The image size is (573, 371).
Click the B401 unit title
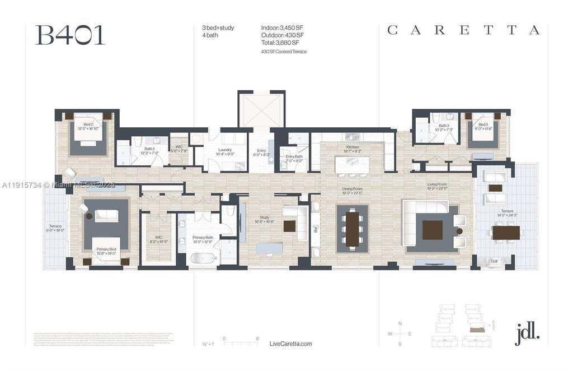coord(70,35)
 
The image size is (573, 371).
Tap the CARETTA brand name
coord(463,30)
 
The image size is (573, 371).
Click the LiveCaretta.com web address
coord(290,344)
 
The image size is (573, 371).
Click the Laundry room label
coord(226,150)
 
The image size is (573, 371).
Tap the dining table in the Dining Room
coord(352,228)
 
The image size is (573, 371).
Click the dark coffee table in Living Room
coord(432,230)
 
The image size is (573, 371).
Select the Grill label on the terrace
coord(494,261)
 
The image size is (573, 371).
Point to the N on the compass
coord(400,323)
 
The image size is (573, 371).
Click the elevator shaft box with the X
coord(261,110)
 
